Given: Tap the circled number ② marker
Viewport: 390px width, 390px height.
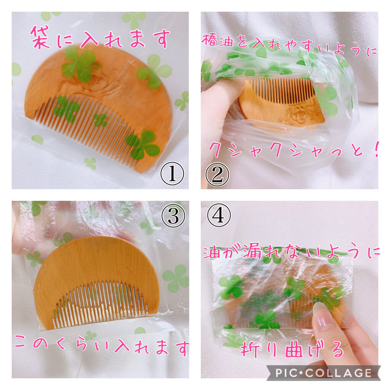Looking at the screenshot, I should click(x=217, y=174).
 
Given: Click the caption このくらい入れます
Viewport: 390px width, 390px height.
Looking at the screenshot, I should click(x=101, y=347).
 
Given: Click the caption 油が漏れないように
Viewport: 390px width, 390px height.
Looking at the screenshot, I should click(x=291, y=252).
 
